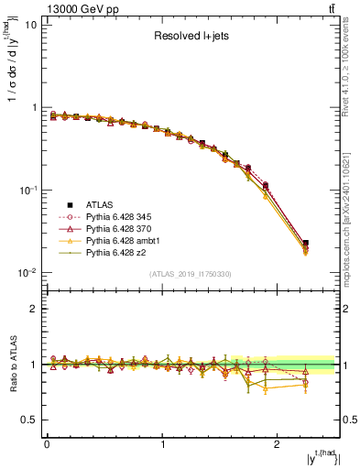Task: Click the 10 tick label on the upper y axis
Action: [30, 25]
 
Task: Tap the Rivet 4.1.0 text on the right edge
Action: [351, 64]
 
